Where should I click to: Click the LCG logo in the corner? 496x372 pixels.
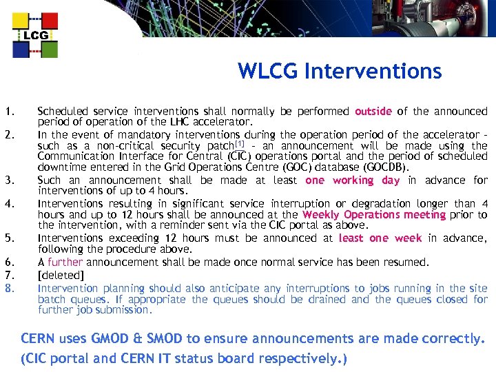35,34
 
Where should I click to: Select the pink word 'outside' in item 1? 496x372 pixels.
373,111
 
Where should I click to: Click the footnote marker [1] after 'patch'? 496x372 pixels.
240,144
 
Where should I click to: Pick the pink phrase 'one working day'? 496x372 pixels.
352,180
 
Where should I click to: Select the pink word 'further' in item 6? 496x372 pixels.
65,262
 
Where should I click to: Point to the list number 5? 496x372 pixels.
9,238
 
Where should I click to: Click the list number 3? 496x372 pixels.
9,180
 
